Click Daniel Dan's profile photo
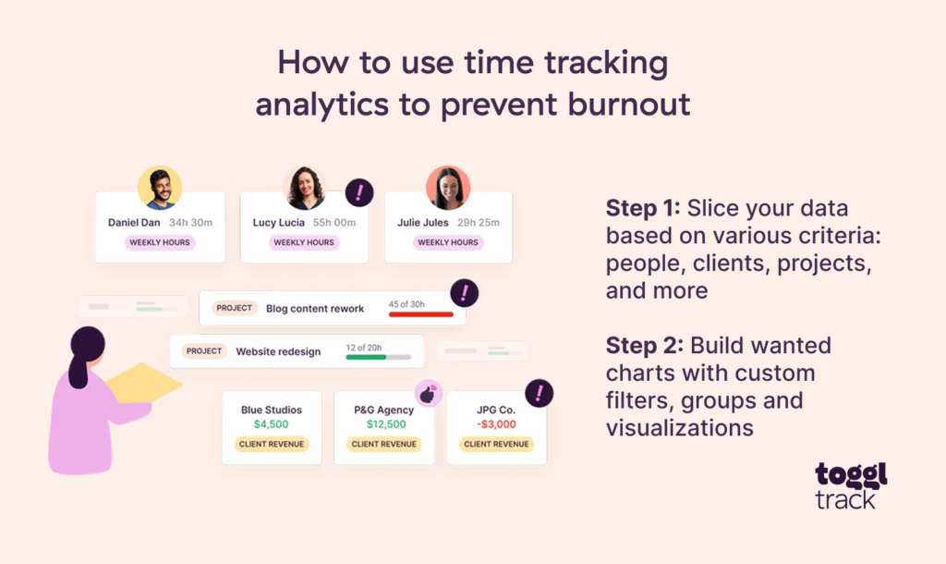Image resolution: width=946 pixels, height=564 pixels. (160, 188)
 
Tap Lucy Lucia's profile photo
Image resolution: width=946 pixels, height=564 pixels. (304, 188)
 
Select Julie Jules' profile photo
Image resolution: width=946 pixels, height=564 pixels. (448, 188)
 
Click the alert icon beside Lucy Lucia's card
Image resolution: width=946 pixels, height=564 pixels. (359, 192)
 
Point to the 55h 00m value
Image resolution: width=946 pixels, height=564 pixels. (334, 223)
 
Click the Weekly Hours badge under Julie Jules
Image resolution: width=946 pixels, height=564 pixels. (448, 242)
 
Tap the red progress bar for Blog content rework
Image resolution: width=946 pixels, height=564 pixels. (420, 314)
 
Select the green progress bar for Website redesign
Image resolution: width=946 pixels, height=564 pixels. (366, 357)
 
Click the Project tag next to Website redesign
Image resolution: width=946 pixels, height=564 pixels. (204, 351)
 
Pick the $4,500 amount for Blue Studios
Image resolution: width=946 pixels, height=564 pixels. (271, 424)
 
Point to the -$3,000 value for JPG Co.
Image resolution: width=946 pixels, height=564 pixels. (496, 424)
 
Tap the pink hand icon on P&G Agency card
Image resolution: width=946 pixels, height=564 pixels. (427, 394)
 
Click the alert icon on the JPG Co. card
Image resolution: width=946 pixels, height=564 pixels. (539, 393)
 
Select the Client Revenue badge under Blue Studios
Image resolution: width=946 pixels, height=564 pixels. (271, 444)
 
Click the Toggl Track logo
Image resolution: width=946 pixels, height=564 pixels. (850, 486)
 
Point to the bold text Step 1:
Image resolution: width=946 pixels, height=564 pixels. (643, 208)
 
